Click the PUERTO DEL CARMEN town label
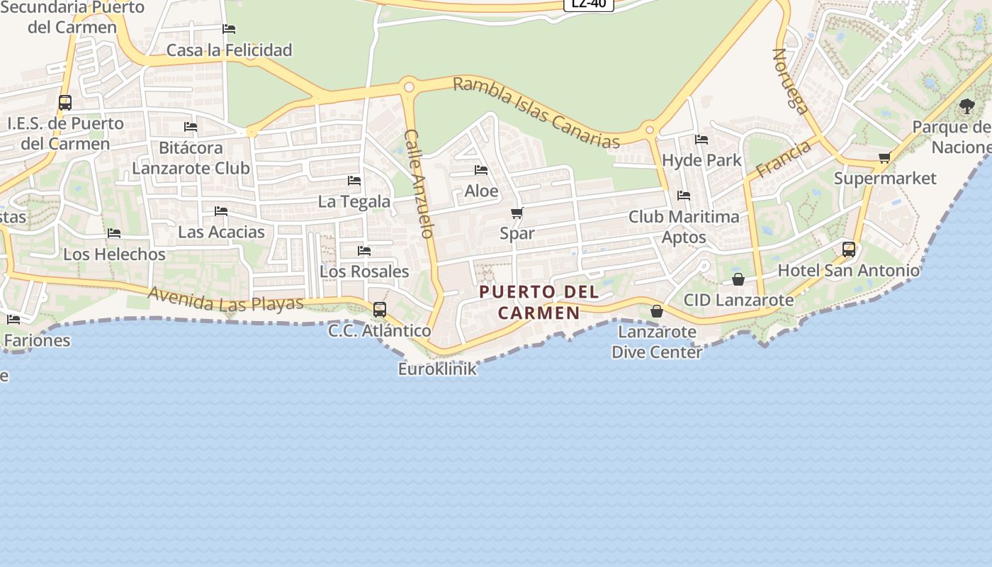point(539,302)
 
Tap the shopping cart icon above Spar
point(517,213)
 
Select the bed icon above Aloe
point(481,170)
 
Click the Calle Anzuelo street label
point(419,183)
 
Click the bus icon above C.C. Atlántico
point(380,309)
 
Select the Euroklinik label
point(437,369)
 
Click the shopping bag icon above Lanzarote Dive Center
point(657,310)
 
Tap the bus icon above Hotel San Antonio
point(849,249)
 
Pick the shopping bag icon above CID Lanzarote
point(738,279)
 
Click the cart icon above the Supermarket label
point(884,158)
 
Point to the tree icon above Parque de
point(967,106)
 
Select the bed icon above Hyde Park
point(701,140)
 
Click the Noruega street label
point(790,81)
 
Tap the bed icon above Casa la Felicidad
point(229,29)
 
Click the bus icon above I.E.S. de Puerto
point(65,102)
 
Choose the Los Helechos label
point(115,254)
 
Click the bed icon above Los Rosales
point(364,251)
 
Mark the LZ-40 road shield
point(588,4)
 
